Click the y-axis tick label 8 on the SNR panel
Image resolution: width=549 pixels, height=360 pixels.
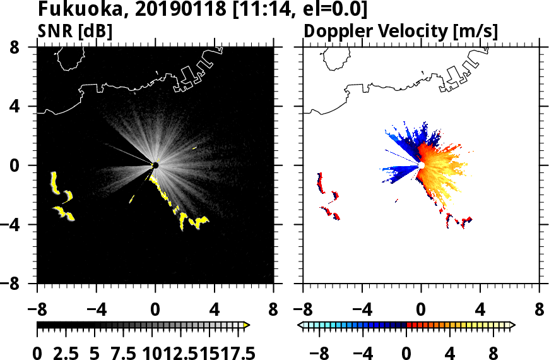[x=24, y=47]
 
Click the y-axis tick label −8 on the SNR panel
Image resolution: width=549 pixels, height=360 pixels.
[x=20, y=284]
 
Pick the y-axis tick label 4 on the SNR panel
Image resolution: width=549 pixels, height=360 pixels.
[x=24, y=106]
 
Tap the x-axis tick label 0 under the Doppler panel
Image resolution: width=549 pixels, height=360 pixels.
[x=421, y=310]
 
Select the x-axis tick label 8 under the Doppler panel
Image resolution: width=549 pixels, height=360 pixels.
[x=540, y=310]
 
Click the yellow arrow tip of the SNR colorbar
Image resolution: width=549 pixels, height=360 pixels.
[x=247, y=325]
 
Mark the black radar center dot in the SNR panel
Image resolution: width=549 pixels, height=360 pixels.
[x=155, y=165]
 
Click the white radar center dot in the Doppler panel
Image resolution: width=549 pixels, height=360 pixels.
[x=421, y=165]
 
